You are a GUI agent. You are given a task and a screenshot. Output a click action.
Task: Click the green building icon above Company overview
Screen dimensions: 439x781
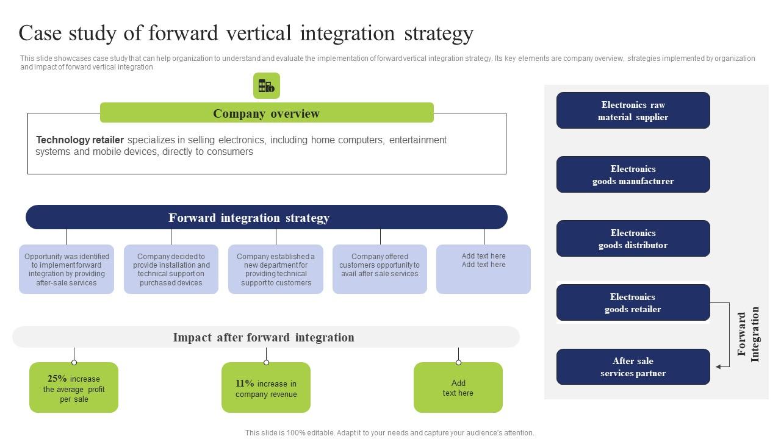pos(267,86)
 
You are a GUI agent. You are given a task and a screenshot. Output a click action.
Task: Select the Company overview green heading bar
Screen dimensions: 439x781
pos(267,113)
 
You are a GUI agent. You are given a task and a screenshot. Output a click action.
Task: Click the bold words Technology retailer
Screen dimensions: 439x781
pos(80,140)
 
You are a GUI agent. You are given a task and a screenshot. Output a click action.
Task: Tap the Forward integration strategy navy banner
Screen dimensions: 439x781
pos(267,218)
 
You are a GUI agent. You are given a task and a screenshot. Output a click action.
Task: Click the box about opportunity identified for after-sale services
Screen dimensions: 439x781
pos(67,269)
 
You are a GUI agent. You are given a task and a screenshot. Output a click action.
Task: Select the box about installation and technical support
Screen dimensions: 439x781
pos(171,269)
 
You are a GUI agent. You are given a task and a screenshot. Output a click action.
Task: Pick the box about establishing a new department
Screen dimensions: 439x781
pos(276,269)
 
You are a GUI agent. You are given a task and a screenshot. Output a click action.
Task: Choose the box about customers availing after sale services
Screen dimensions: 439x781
pos(380,269)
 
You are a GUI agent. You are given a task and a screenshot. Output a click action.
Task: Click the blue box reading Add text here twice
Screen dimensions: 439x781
pos(483,269)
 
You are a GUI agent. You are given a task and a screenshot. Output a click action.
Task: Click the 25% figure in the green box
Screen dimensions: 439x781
pos(57,379)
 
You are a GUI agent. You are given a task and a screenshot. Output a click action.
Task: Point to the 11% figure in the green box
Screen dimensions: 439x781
pos(245,384)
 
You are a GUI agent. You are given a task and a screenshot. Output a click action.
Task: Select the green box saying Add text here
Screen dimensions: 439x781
pos(458,388)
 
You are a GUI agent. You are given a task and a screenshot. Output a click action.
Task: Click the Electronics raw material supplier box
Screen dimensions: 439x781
pos(633,111)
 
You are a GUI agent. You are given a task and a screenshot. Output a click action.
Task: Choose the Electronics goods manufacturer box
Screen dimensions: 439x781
pos(633,175)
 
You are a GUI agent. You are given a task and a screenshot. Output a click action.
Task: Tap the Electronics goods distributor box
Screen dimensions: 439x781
pos(633,239)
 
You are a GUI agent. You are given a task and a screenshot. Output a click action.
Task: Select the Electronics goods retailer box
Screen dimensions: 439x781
pos(633,303)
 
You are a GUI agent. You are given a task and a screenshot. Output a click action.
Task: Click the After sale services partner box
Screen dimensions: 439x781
pos(633,367)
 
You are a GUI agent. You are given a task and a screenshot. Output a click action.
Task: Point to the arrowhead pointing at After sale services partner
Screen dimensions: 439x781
pos(719,366)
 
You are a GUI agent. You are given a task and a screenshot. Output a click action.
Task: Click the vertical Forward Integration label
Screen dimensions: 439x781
pos(748,334)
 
